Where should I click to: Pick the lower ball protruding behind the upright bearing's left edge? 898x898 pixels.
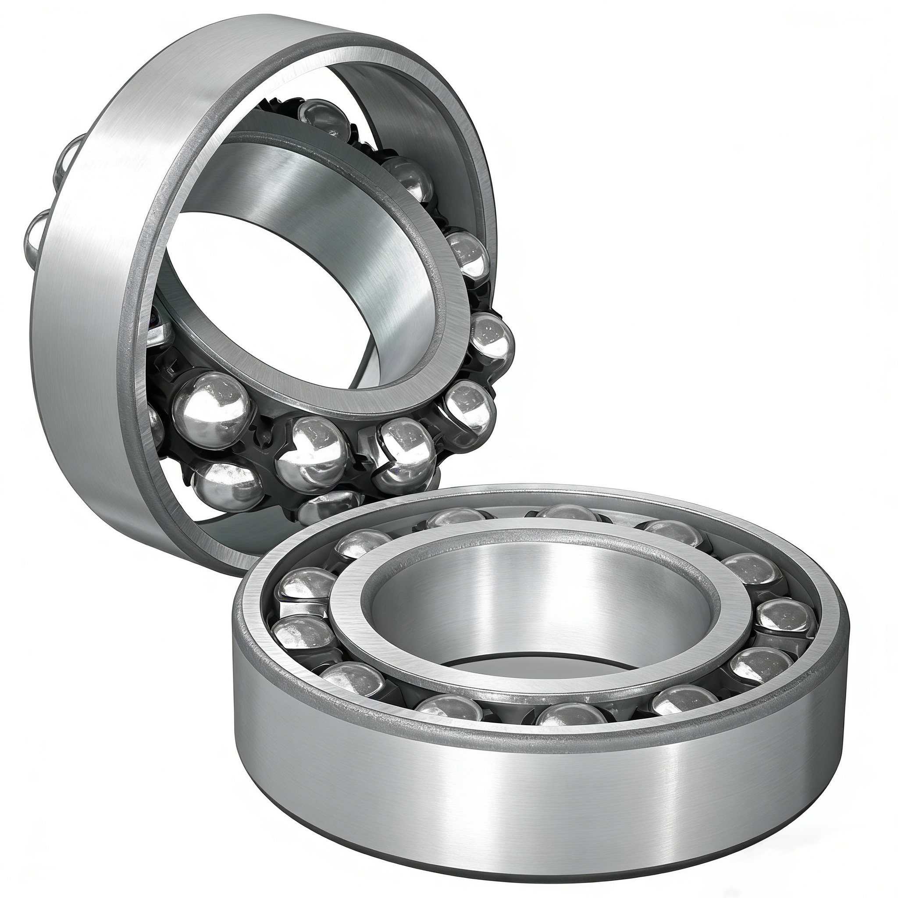click(x=39, y=237)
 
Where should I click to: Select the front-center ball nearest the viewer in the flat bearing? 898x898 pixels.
click(x=571, y=718)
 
